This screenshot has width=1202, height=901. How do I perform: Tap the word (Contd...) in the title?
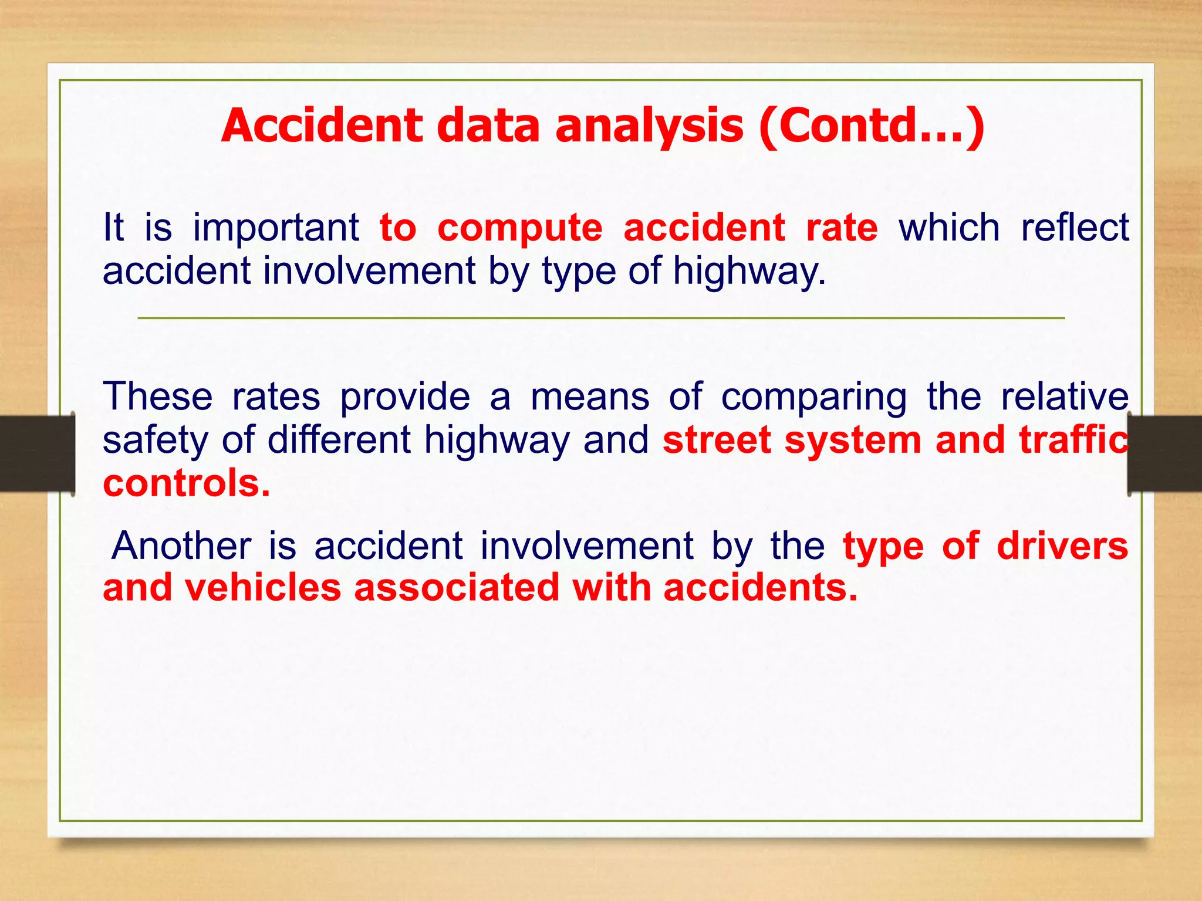click(871, 126)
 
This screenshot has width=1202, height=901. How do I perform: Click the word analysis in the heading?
click(649, 126)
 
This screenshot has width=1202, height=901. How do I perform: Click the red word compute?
click(519, 229)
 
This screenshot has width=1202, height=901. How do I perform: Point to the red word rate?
click(842, 229)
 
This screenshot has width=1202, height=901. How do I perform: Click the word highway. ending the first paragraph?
click(749, 272)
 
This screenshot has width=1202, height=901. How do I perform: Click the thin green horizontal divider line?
click(601, 318)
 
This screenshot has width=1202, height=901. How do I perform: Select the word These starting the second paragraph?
click(157, 397)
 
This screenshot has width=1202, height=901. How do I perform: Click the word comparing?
click(813, 398)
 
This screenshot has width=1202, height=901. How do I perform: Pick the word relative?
click(1064, 397)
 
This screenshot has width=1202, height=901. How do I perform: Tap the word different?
click(339, 440)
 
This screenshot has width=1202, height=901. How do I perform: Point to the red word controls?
click(186, 483)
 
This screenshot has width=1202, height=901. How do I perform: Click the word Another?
click(181, 546)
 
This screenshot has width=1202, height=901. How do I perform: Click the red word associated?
click(457, 588)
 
